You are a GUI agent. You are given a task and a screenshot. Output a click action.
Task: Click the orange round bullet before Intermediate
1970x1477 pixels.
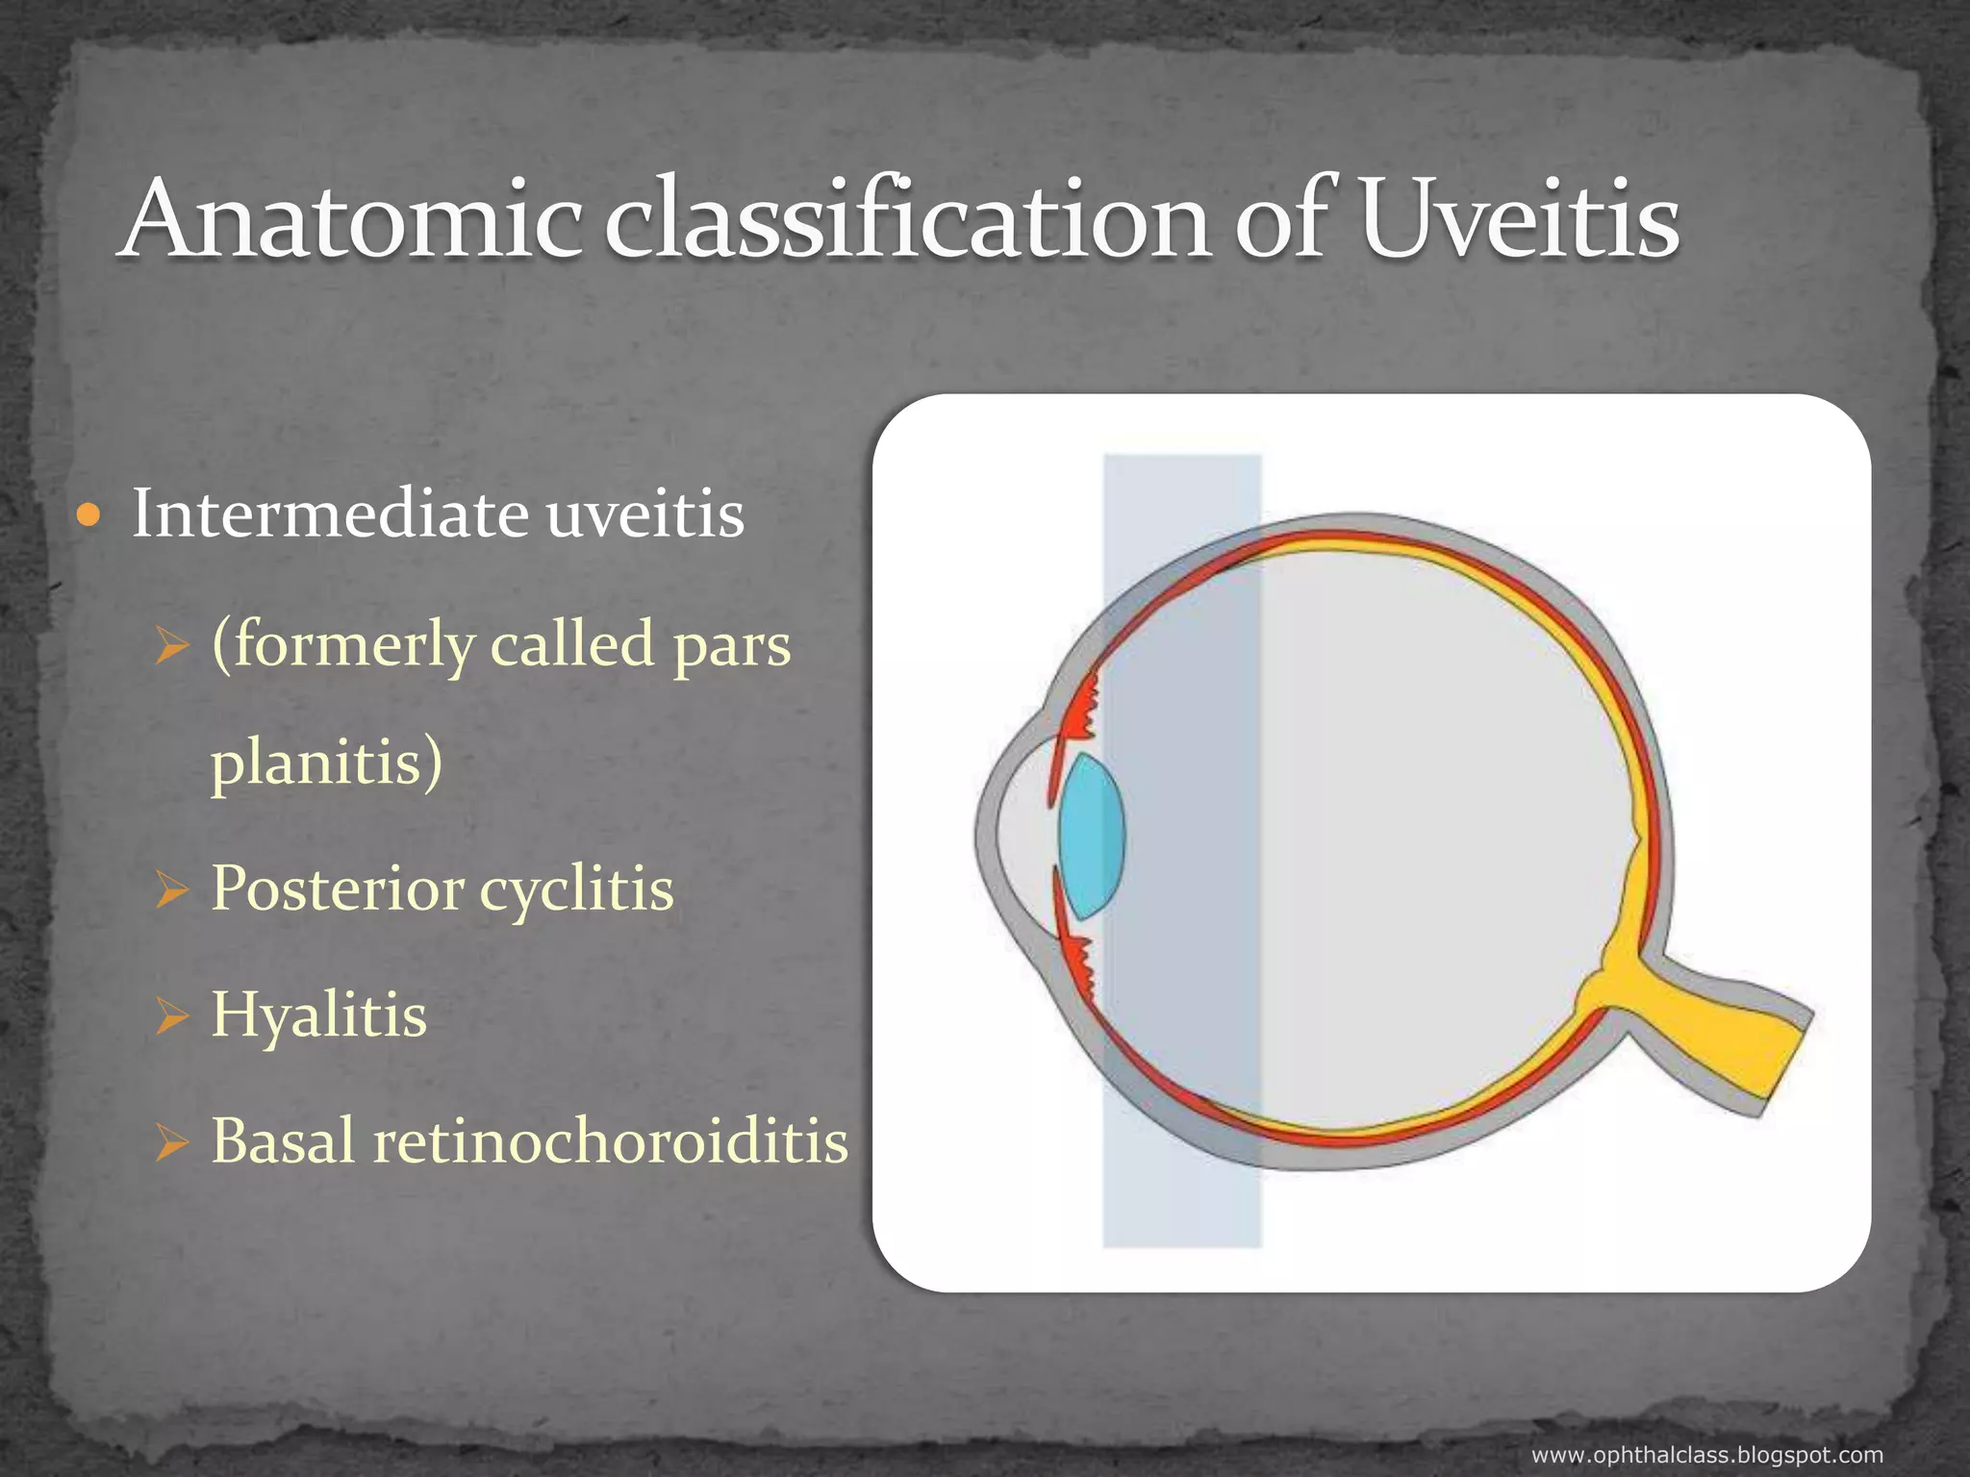pos(88,516)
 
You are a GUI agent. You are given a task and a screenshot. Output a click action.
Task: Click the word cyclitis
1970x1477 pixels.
pos(577,889)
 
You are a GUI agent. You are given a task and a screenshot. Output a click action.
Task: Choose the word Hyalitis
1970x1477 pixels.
pos(318,1015)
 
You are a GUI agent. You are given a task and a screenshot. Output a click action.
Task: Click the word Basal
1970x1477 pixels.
pos(283,1140)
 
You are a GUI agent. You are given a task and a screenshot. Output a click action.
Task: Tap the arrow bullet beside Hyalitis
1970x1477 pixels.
pos(171,1017)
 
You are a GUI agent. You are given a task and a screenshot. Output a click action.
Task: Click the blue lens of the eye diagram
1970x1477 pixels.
pos(1091,835)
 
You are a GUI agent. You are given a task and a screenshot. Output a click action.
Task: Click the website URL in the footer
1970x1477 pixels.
pos(1706,1455)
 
